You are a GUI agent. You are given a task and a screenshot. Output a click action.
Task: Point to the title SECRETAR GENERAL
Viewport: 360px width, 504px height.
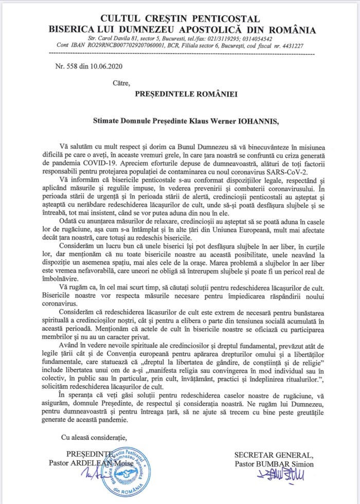(273, 455)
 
